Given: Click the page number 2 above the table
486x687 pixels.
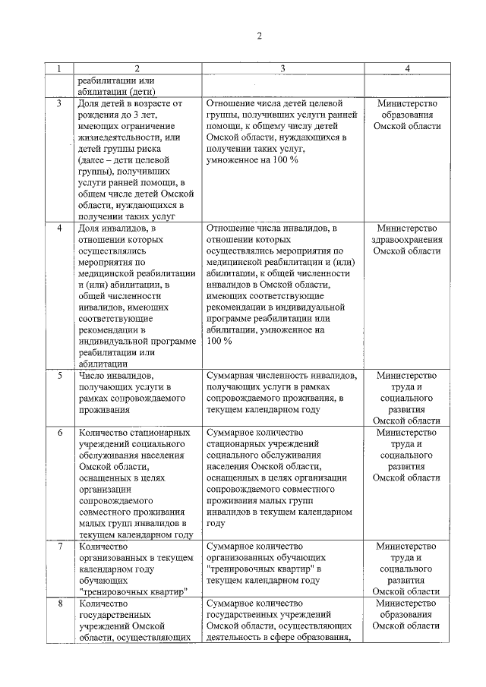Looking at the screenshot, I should pyautogui.click(x=258, y=36).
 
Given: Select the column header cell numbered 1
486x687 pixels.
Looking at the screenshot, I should pyautogui.click(x=59, y=69).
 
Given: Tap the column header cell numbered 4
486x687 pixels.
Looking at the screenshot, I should pyautogui.click(x=407, y=69).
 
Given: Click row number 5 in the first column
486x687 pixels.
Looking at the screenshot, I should pyautogui.click(x=59, y=375).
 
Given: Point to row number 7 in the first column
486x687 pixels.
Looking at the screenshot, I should pyautogui.click(x=59, y=546).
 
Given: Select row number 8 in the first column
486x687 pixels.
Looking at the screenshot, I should pyautogui.click(x=59, y=603).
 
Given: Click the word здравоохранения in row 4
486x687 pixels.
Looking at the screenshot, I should pyautogui.click(x=407, y=239).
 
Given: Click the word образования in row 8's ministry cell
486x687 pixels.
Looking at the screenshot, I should pyautogui.click(x=407, y=614).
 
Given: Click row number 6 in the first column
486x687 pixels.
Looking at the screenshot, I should pyautogui.click(x=59, y=432).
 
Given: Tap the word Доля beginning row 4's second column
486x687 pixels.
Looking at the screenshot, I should pyautogui.click(x=90, y=228).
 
